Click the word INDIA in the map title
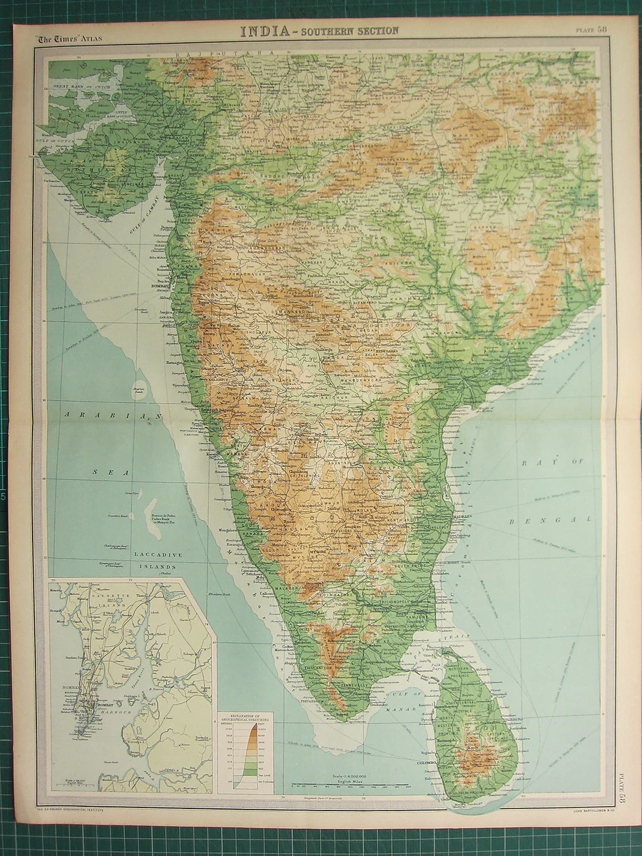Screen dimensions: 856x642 point(264,31)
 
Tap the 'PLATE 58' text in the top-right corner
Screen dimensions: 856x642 point(592,29)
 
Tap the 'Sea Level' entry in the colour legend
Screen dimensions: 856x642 point(260,771)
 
